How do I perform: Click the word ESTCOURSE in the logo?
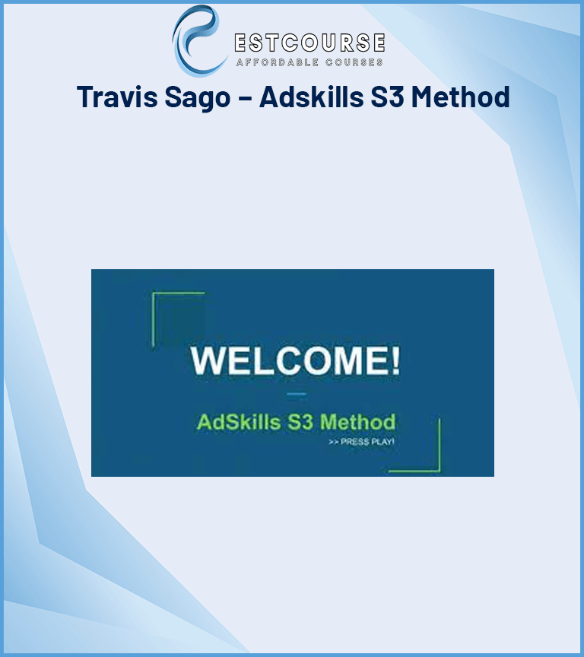[x=309, y=43]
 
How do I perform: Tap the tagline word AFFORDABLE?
[x=278, y=62]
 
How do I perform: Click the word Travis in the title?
[x=117, y=97]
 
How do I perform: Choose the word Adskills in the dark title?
[x=312, y=97]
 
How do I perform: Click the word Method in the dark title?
[x=460, y=97]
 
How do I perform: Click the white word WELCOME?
[x=288, y=360]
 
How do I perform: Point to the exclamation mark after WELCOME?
[x=395, y=360]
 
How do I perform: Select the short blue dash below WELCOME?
[x=297, y=394]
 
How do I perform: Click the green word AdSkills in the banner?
[x=239, y=422]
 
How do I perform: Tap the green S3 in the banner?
[x=300, y=422]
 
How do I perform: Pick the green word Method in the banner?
[x=357, y=422]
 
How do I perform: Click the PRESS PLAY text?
[x=367, y=442]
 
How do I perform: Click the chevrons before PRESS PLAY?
[x=334, y=442]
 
